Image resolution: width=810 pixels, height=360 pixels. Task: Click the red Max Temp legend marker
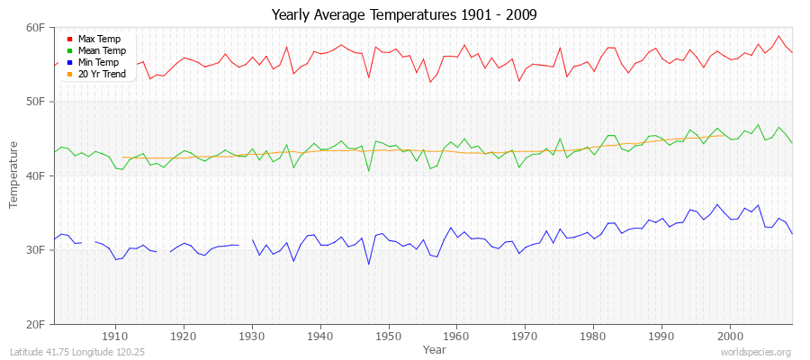tap(69, 40)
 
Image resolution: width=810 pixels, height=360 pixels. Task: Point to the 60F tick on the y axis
tap(36, 28)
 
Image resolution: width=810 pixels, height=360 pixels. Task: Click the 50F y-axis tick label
tap(36, 102)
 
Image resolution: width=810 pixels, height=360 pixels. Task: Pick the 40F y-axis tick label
tap(36, 176)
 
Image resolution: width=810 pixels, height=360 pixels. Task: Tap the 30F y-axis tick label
tap(36, 250)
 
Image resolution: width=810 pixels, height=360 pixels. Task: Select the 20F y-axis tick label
tap(36, 324)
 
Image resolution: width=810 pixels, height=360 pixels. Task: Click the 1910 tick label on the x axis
tap(115, 336)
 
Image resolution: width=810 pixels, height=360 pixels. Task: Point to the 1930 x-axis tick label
tap(252, 336)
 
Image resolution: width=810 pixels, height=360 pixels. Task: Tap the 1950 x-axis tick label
tap(388, 336)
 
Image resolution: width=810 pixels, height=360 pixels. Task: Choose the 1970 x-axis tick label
tap(525, 336)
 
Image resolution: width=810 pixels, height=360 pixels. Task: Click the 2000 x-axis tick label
tap(729, 336)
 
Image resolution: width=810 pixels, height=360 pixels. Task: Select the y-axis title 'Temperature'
tap(14, 175)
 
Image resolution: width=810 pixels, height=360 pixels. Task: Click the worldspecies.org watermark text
tap(756, 352)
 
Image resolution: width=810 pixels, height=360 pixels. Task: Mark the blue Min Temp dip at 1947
tap(368, 264)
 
